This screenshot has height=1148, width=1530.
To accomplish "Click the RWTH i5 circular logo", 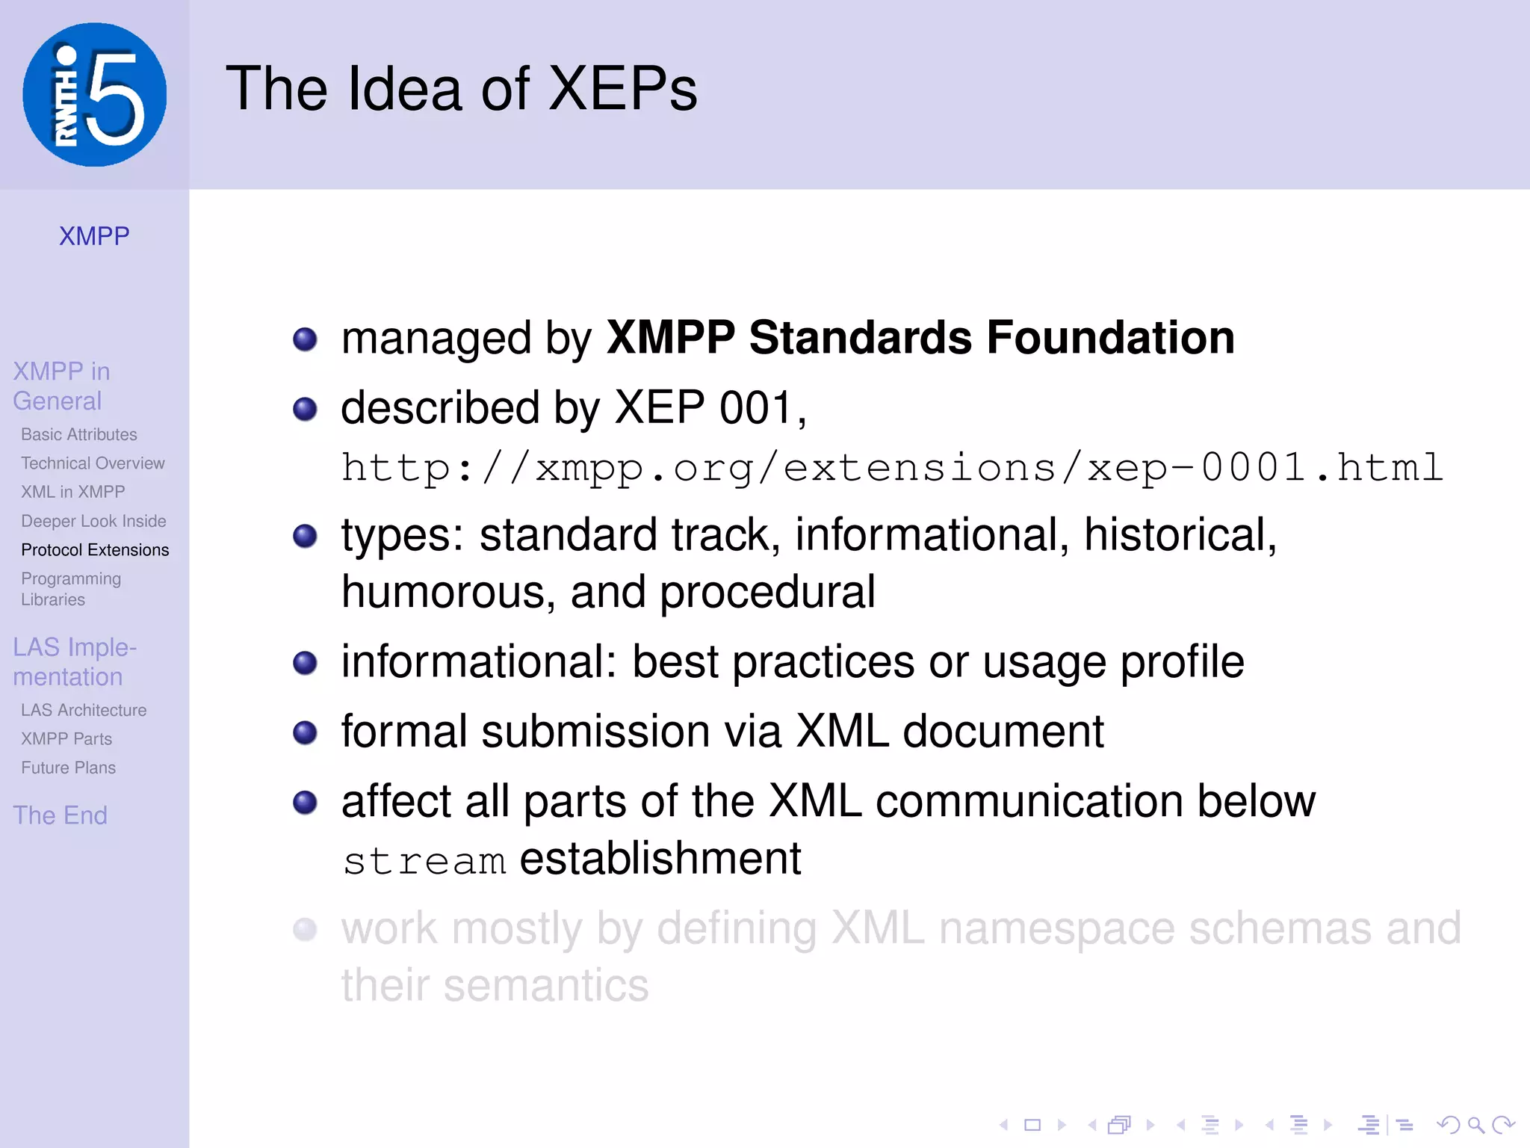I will (94, 95).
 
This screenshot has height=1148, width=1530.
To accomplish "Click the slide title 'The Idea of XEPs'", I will (461, 89).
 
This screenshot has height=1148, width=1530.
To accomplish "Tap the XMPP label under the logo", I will (94, 236).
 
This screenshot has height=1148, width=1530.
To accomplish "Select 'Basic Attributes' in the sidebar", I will (79, 434).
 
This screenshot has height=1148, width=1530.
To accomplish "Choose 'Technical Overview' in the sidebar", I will (93, 463).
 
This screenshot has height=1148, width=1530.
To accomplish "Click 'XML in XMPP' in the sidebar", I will (73, 492).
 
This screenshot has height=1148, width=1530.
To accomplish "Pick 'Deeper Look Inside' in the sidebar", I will (93, 521).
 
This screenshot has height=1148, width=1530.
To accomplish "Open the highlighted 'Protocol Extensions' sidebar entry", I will (95, 550).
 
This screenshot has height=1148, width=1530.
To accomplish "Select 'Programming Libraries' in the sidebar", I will (71, 589).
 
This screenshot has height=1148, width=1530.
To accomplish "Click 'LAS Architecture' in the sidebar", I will (84, 710).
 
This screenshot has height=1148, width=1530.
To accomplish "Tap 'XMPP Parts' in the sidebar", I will (66, 739).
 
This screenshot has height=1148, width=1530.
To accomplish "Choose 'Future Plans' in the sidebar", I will (69, 768).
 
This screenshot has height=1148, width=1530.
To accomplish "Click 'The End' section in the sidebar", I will (61, 815).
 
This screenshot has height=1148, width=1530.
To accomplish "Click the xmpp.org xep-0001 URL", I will (892, 469).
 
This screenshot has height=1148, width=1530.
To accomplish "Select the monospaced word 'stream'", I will (424, 861).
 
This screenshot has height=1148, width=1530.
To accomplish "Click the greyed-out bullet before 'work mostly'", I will (305, 930).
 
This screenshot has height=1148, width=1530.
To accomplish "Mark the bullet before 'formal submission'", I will (305, 732).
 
